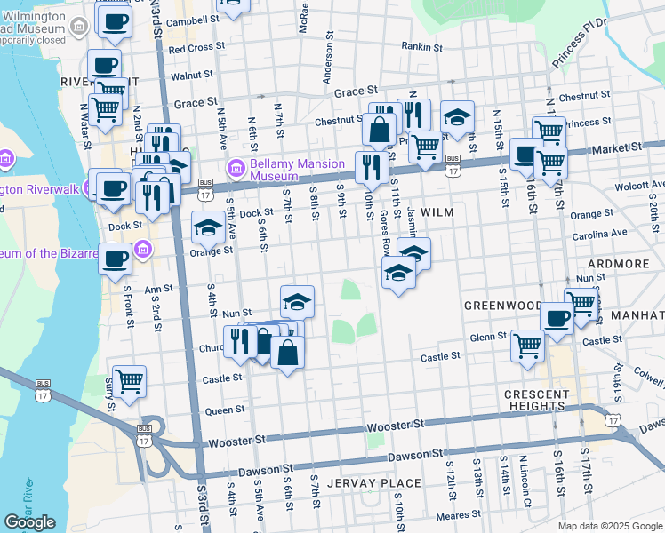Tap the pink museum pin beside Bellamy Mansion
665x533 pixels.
[x=236, y=166]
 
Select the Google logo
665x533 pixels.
[x=29, y=521]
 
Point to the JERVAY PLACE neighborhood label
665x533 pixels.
[x=374, y=483]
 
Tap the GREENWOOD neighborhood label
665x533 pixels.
[x=502, y=305]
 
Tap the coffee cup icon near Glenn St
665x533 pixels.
[x=557, y=317]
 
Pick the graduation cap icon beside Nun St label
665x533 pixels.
[x=297, y=301]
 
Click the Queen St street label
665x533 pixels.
[x=225, y=410]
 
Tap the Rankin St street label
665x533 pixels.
[x=421, y=46]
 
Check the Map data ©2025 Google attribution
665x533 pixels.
[x=609, y=526]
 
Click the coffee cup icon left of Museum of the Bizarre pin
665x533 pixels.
[x=114, y=259]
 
